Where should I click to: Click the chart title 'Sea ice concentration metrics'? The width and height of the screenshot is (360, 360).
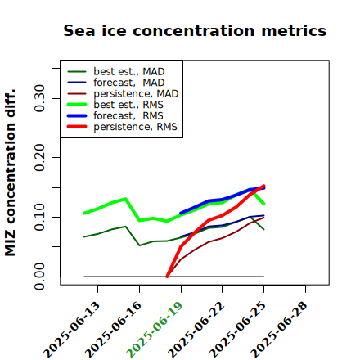(x=195, y=30)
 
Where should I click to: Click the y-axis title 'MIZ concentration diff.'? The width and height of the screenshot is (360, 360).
(x=10, y=173)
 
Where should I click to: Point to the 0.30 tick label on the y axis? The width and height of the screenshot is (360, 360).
(x=39, y=98)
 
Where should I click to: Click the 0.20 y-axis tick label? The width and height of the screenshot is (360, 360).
(x=39, y=158)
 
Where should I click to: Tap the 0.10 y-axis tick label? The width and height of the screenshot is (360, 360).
(x=39, y=217)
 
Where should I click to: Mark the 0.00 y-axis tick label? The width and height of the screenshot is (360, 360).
(x=39, y=277)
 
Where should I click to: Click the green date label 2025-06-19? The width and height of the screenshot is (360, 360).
(x=155, y=330)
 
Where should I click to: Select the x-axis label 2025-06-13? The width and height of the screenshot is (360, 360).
(x=71, y=330)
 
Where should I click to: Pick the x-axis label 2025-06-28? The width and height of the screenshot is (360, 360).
(x=279, y=330)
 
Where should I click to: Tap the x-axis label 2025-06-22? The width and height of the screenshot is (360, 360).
(x=196, y=330)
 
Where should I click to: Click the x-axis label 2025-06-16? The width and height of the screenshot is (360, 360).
(x=113, y=330)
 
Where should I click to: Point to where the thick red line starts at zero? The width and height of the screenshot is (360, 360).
(x=167, y=277)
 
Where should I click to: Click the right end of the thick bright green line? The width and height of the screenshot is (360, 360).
(x=264, y=204)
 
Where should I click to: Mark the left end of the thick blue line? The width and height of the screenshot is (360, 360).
(x=181, y=213)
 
